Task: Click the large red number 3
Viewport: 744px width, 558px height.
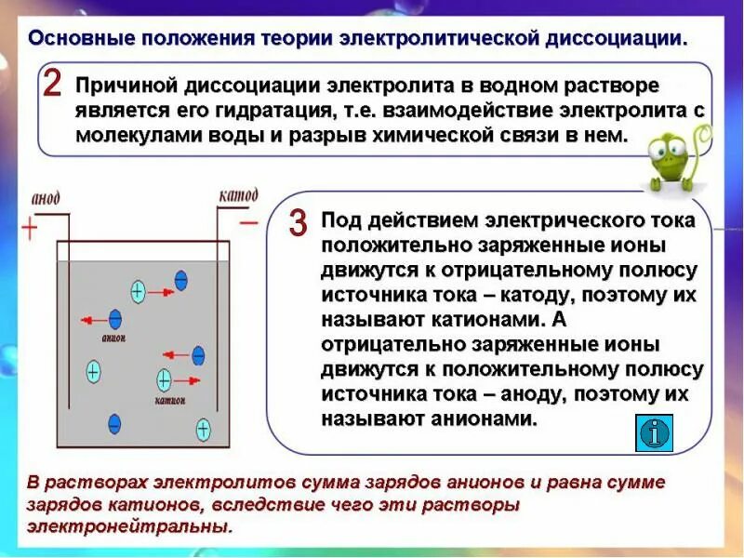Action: [298, 223]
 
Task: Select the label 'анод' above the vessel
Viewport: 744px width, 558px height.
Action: [46, 199]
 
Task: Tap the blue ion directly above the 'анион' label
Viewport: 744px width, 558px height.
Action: [115, 319]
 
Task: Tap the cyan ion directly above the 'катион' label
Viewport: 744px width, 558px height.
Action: [164, 379]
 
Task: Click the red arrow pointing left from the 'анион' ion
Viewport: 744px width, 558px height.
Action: [93, 320]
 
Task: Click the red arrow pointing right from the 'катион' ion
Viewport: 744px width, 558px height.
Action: [188, 379]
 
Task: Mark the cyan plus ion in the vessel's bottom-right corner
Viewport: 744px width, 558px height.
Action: [203, 430]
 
